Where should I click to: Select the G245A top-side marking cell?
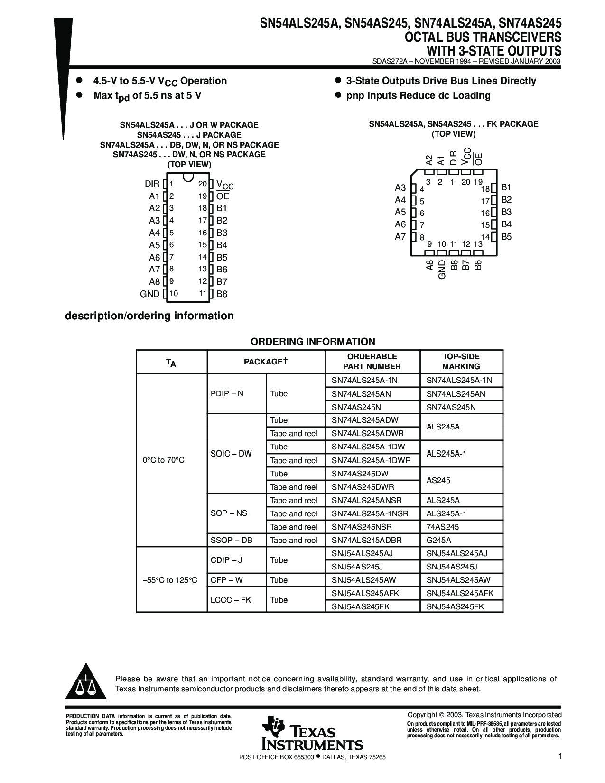pos(438,540)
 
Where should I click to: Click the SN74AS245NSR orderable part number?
pos(362,527)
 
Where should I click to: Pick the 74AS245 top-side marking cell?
pos(442,527)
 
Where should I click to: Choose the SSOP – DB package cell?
pos(232,540)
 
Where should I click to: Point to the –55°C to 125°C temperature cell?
pos(170,580)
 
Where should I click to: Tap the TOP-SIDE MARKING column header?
pos(461,361)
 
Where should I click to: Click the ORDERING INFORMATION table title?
pos(313,342)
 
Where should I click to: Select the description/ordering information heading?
pos(149,316)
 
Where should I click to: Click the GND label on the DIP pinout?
pos(149,294)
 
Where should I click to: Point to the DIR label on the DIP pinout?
pos(152,184)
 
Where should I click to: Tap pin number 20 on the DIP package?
pos(203,184)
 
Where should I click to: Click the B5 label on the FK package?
pos(506,237)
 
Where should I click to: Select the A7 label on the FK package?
pos(400,237)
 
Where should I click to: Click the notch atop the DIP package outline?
pos(187,177)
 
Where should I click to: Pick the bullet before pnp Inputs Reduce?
pos(338,95)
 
